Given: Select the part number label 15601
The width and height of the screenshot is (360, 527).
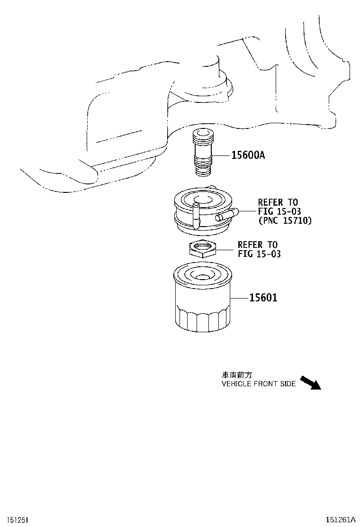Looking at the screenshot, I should [263, 298].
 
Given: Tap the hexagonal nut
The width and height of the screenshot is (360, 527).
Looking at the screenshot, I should [202, 248].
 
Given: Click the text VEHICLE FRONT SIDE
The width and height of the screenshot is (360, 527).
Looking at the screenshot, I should [259, 384].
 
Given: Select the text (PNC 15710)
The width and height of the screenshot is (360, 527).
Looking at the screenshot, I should [285, 221].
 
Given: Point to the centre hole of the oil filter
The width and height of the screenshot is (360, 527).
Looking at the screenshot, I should [202, 277].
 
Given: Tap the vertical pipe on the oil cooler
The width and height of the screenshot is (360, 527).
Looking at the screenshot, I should [195, 216].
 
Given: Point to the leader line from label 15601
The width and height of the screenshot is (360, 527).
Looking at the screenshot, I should [240, 298].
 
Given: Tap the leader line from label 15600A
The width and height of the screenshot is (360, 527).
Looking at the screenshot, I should [221, 155].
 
